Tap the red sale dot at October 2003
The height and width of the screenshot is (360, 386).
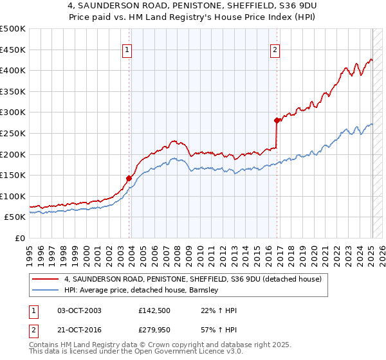pos(129,178)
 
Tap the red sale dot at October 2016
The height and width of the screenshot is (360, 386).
pos(277,120)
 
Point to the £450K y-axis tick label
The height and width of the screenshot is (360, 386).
pos(13,50)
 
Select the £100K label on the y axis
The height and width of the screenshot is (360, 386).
pos(13,197)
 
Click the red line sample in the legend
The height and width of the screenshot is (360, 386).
pos(46,279)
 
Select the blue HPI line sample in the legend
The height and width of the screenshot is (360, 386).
pos(46,290)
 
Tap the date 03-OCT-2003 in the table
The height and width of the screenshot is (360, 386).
pos(79,310)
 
